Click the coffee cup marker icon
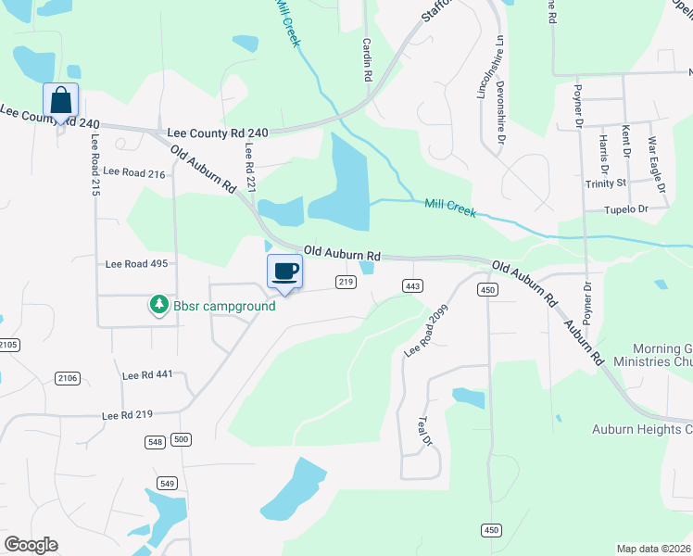(x=284, y=272)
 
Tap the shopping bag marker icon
(x=60, y=100)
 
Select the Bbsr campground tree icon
(x=159, y=304)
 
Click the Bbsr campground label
(x=223, y=305)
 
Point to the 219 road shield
(x=346, y=282)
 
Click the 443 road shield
(x=413, y=285)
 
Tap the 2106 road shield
(x=68, y=377)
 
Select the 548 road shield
(x=156, y=442)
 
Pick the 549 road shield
(x=167, y=483)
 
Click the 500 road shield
(x=181, y=439)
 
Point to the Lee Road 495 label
(x=135, y=263)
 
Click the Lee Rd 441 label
(x=147, y=374)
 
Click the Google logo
(x=31, y=544)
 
